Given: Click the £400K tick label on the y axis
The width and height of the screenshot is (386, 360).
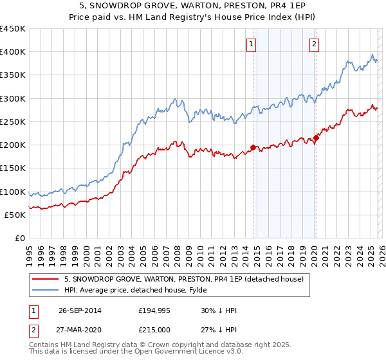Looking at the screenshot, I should [13, 52].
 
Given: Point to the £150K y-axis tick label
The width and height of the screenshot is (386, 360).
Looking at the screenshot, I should [13, 168].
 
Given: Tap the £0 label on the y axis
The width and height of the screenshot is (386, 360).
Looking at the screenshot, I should [20, 238].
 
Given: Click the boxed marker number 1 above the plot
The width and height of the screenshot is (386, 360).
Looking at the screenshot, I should [250, 44].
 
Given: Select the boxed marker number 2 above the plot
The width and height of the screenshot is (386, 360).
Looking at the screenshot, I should [313, 44].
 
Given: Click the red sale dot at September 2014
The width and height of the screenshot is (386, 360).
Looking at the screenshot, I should [253, 147].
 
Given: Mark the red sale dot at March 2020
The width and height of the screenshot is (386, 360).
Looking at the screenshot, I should [316, 138].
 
